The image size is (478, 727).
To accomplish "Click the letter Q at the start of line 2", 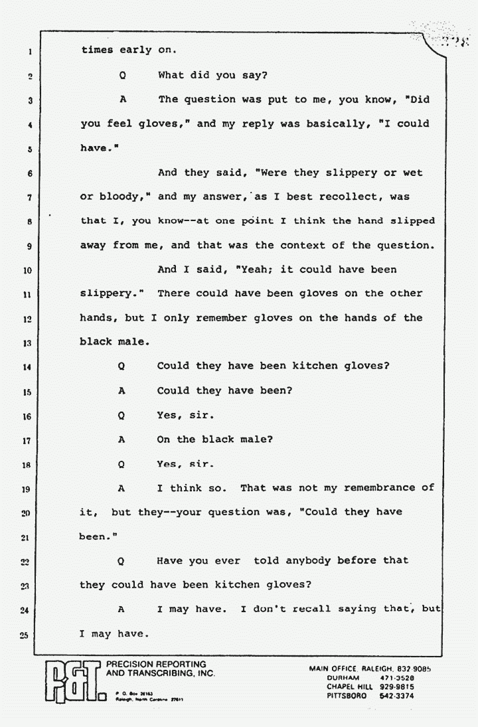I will coord(122,75).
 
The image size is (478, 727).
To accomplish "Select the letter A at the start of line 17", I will coord(122,440).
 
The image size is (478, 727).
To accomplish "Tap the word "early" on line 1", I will coord(138,50).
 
